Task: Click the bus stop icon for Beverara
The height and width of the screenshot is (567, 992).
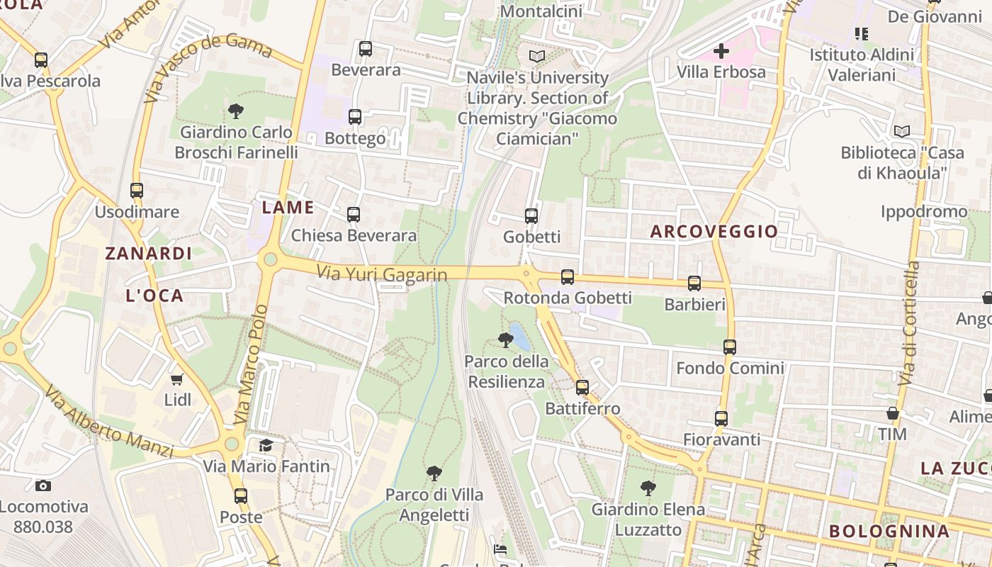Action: coord(366,49)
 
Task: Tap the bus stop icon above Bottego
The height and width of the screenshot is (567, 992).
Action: coord(355,117)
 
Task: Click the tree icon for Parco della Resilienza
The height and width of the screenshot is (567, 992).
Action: coord(505,340)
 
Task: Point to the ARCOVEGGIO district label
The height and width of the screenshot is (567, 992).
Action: coord(714,232)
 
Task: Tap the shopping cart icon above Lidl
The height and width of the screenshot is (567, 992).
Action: coord(177,379)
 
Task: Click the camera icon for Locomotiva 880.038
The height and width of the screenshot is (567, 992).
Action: coord(43,485)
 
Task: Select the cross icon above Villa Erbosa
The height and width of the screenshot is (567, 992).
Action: coord(721,51)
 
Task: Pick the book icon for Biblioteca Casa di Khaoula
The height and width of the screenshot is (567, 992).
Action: coord(901,131)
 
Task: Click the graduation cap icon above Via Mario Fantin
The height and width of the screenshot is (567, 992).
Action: coord(266,445)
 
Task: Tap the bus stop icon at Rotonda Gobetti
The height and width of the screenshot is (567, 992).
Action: coord(568,277)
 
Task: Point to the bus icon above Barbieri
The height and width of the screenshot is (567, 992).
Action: coord(694,283)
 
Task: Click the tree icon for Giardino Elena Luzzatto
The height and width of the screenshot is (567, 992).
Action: coord(648,488)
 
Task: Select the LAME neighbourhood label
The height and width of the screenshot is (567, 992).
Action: coord(288,208)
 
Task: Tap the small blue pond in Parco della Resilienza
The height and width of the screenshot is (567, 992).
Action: coord(521,337)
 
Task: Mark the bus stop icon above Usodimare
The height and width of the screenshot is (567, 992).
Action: coord(137,191)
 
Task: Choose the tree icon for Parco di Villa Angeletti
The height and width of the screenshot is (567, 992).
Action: coord(434,473)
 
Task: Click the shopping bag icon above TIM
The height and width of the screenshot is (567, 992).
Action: coord(892,413)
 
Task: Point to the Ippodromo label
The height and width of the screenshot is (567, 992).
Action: coord(923,211)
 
